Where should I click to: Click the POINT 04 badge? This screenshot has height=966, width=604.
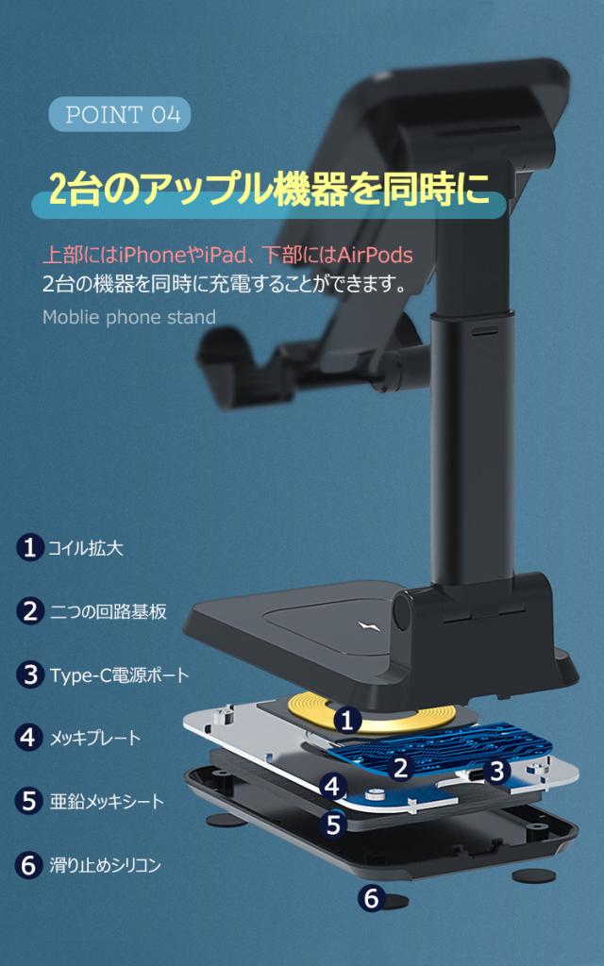pyautogui.click(x=121, y=115)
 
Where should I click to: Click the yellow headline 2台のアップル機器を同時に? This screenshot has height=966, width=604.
pyautogui.click(x=268, y=191)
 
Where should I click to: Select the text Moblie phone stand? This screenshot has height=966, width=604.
pyautogui.click(x=128, y=317)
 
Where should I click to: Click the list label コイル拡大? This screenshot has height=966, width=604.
pyautogui.click(x=86, y=547)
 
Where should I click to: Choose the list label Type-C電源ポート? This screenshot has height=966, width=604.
pyautogui.click(x=119, y=675)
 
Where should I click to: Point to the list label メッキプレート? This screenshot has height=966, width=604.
pyautogui.click(x=94, y=738)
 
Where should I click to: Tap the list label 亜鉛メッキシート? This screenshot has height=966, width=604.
pyautogui.click(x=107, y=802)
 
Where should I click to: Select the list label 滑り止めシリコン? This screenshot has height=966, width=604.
pyautogui.click(x=106, y=865)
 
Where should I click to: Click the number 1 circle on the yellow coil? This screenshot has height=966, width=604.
pyautogui.click(x=348, y=722)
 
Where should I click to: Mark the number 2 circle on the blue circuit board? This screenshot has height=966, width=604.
pyautogui.click(x=401, y=768)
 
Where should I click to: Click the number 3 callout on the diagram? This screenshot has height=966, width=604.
pyautogui.click(x=496, y=772)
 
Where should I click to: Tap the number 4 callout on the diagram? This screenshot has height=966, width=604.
pyautogui.click(x=331, y=786)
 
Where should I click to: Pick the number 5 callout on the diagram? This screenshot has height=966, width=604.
pyautogui.click(x=333, y=824)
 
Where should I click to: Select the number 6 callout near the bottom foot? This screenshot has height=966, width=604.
pyautogui.click(x=371, y=899)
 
